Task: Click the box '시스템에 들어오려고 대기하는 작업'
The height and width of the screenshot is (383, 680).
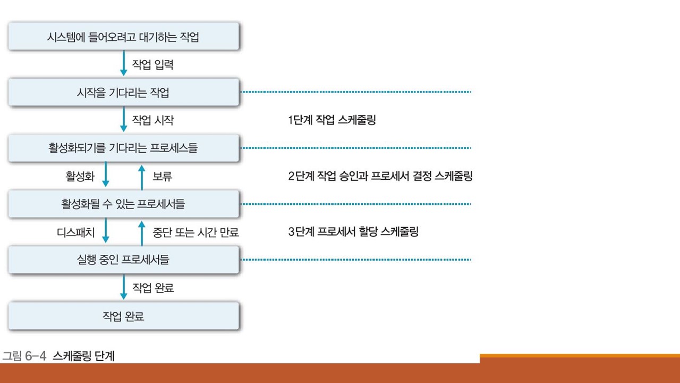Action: [123, 37]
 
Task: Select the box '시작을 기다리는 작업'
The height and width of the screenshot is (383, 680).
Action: [123, 93]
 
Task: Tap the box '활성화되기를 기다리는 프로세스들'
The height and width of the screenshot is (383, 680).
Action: [123, 148]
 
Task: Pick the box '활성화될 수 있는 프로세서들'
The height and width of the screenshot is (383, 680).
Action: [123, 204]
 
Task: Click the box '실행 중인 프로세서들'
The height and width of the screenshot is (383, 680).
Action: [123, 260]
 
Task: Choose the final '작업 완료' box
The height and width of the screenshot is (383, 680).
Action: [123, 316]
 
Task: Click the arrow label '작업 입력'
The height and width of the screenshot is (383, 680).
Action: [152, 65]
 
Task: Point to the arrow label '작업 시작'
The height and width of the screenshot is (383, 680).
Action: [152, 120]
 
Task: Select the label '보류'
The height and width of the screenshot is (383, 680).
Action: [162, 176]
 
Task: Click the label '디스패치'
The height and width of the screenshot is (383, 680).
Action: [76, 232]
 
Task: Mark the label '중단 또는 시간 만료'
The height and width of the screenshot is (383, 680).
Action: [195, 232]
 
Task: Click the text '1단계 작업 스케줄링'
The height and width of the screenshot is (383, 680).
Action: [332, 120]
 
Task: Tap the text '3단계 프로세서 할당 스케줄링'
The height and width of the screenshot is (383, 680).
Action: [353, 232]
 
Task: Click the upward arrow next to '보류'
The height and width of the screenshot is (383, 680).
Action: [141, 176]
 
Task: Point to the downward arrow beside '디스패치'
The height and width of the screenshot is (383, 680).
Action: [105, 232]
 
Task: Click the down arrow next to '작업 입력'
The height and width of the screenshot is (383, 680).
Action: [123, 64]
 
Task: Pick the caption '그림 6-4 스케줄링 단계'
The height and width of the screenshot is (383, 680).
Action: [58, 355]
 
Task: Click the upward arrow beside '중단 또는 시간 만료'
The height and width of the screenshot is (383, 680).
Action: [141, 232]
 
